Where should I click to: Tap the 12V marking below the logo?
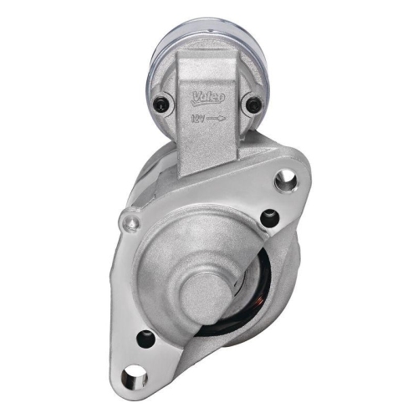[x=198, y=119]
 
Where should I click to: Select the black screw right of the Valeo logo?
[x=253, y=104]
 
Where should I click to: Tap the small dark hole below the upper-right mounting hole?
[x=268, y=219]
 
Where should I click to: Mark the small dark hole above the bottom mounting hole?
[x=145, y=339]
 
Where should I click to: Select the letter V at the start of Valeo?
[x=196, y=94]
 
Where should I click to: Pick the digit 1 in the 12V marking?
[x=192, y=119]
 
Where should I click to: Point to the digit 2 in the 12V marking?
[x=197, y=119]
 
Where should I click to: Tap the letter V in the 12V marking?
[x=203, y=119]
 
